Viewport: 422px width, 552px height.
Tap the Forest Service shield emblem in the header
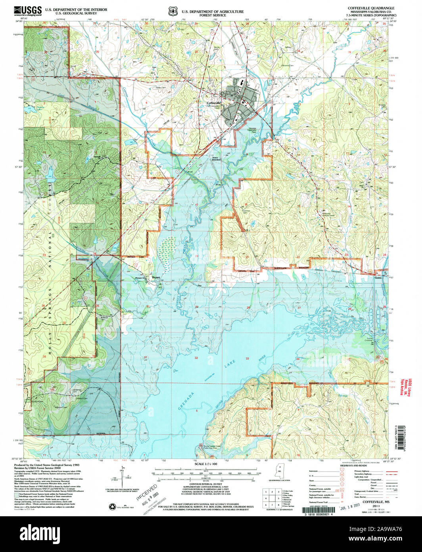coord(173,12)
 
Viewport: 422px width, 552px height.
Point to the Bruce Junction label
coord(215,158)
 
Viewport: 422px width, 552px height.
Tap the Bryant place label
coord(157,278)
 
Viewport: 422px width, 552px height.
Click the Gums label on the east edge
coord(378,278)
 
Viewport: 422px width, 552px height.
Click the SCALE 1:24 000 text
coord(207,464)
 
